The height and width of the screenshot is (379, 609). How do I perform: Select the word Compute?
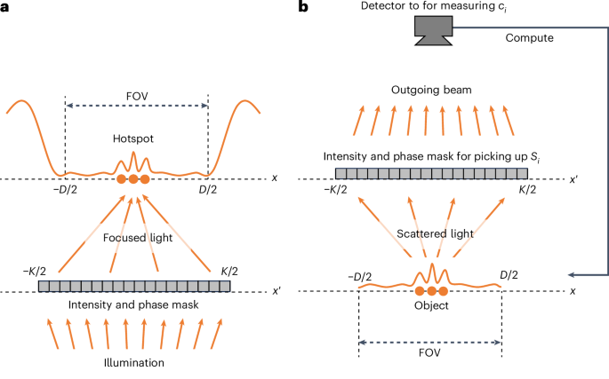530,39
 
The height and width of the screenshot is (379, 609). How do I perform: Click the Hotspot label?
134,139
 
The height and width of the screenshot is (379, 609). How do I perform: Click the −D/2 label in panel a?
62,193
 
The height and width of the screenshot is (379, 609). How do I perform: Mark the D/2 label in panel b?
509,277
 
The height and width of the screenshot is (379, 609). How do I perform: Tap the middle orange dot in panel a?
133,179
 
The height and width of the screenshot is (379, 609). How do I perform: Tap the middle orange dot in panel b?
431,291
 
